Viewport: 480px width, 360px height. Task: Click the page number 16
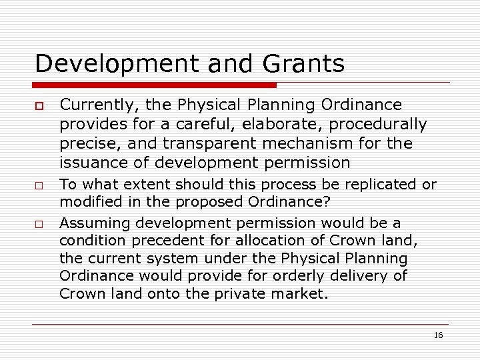438,335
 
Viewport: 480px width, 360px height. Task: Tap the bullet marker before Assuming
39,224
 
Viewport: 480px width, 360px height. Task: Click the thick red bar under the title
156,85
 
